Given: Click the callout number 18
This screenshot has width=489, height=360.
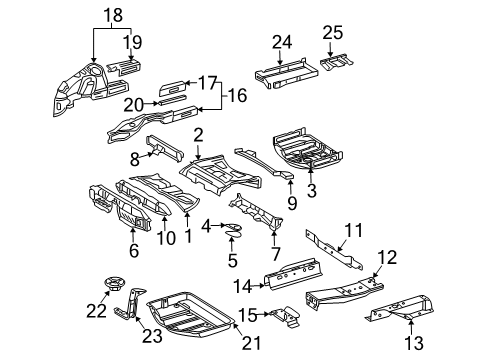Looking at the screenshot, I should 112,17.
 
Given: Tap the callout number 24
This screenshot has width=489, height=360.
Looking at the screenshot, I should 283,42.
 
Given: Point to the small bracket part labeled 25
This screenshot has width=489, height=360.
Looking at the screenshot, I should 335,62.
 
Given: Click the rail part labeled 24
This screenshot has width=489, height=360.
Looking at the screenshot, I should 281,72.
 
